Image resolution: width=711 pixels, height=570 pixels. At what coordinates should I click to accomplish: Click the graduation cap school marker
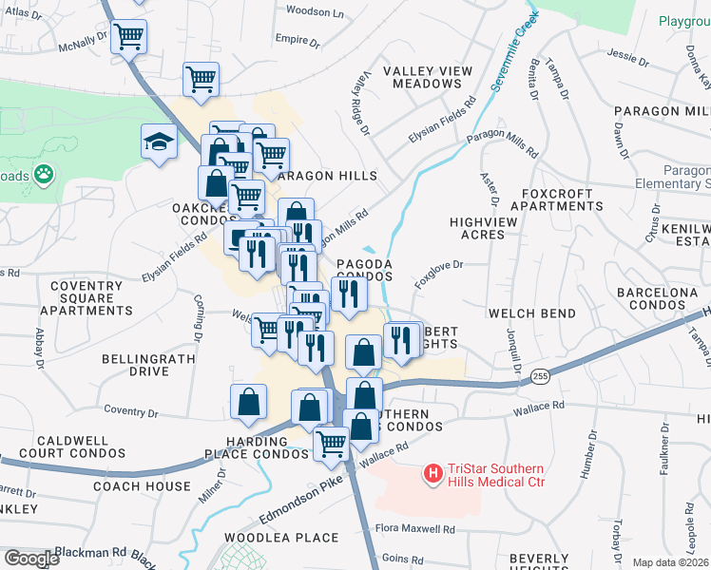click(159, 142)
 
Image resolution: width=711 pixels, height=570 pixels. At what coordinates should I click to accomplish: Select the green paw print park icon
click(43, 175)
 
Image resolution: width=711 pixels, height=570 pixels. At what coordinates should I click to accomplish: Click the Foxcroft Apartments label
click(557, 199)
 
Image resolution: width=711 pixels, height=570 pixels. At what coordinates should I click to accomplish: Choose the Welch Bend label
click(531, 313)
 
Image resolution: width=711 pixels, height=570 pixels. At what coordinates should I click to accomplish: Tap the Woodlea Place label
click(280, 538)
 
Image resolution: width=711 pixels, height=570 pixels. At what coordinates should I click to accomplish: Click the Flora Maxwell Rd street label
click(414, 528)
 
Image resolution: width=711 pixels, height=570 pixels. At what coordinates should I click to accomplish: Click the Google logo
click(31, 559)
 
